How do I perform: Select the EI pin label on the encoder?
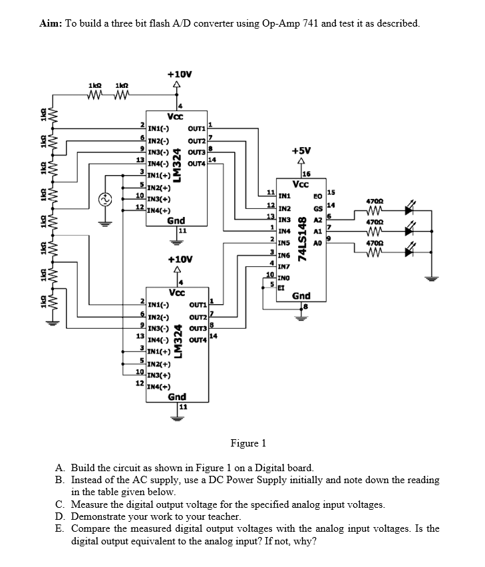(x=281, y=286)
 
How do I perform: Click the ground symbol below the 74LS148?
(x=301, y=316)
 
